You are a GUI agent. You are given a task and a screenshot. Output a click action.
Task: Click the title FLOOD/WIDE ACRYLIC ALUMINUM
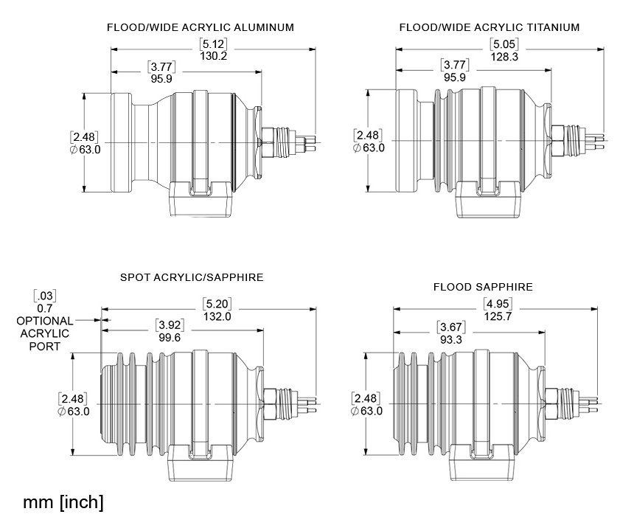201,27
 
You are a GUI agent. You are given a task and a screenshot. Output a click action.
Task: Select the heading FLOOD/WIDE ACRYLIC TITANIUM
490,27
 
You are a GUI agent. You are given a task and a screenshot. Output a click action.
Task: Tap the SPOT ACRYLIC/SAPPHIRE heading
192,277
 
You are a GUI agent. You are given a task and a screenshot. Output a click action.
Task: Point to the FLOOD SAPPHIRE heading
483,287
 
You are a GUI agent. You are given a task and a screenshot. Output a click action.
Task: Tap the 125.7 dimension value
499,316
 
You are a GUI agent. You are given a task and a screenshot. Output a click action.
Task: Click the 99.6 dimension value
169,337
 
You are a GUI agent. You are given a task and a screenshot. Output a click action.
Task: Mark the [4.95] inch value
499,304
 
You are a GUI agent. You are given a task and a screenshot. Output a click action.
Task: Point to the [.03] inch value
45,296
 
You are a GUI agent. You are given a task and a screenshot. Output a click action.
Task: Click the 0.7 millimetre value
45,308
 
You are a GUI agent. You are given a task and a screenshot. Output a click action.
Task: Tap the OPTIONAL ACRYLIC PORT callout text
45,333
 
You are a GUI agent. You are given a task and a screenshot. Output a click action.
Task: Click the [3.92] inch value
169,325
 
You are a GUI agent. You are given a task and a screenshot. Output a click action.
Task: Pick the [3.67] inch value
450,327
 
